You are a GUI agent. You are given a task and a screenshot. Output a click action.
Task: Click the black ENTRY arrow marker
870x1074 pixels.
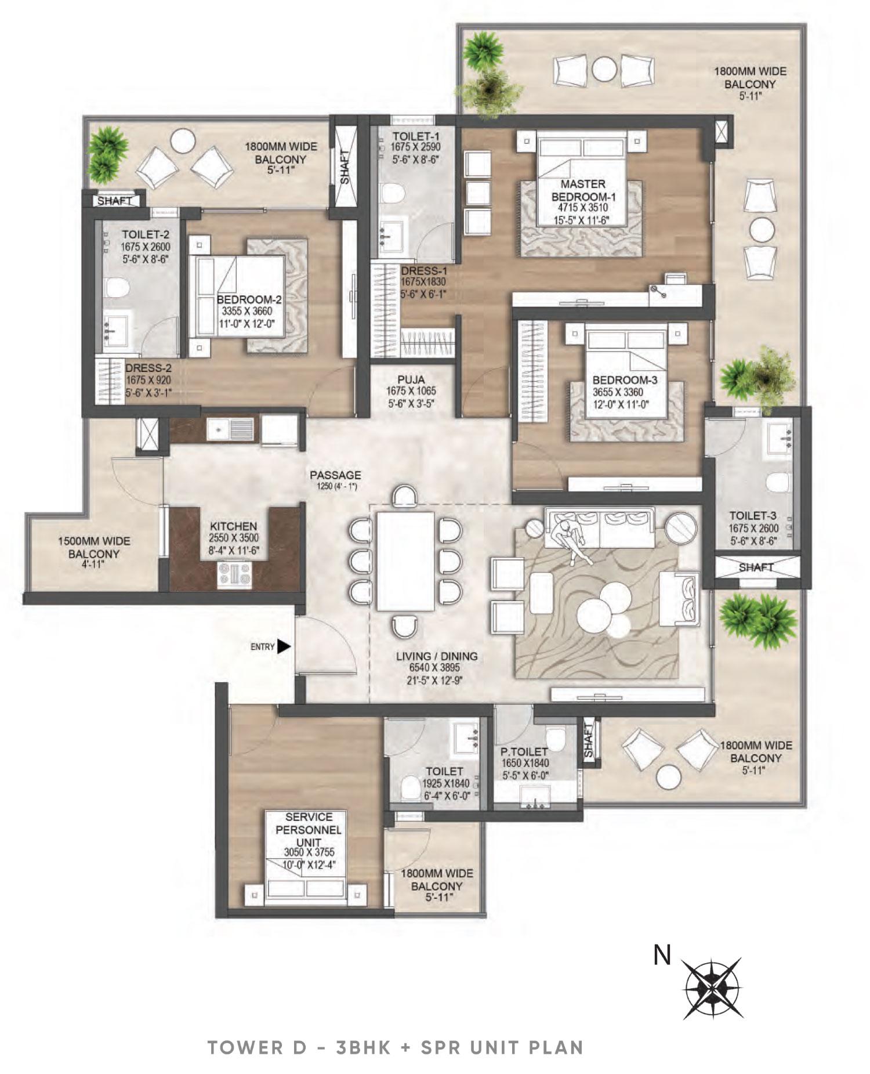pyautogui.click(x=284, y=646)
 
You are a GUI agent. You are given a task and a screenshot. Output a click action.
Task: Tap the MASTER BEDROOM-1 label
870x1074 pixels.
pyautogui.click(x=583, y=190)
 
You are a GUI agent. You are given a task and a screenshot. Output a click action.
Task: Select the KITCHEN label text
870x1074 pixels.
pyautogui.click(x=234, y=526)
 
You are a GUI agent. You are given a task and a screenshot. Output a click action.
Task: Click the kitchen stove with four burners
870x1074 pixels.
pyautogui.click(x=234, y=574)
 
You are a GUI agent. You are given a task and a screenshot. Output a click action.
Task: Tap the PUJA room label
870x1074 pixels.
pyautogui.click(x=411, y=379)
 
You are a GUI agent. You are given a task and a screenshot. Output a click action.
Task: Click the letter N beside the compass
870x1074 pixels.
pyautogui.click(x=662, y=954)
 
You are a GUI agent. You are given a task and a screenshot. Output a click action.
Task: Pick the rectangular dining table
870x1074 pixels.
pyautogui.click(x=405, y=561)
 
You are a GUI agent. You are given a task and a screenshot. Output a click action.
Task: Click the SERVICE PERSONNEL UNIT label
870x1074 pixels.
pyautogui.click(x=308, y=829)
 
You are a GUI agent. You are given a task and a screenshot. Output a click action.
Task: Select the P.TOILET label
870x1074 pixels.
pyautogui.click(x=524, y=751)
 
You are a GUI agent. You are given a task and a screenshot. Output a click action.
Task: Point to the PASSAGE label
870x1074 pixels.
pyautogui.click(x=335, y=475)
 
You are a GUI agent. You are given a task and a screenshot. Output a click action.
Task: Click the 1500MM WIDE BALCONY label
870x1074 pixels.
pyautogui.click(x=93, y=547)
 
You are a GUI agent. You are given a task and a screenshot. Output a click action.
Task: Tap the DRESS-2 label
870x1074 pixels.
pyautogui.click(x=148, y=368)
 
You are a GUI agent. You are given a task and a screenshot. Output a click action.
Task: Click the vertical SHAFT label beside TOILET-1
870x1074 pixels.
pyautogui.click(x=345, y=167)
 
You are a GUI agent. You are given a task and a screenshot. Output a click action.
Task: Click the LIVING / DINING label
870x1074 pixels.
pyautogui.click(x=437, y=656)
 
